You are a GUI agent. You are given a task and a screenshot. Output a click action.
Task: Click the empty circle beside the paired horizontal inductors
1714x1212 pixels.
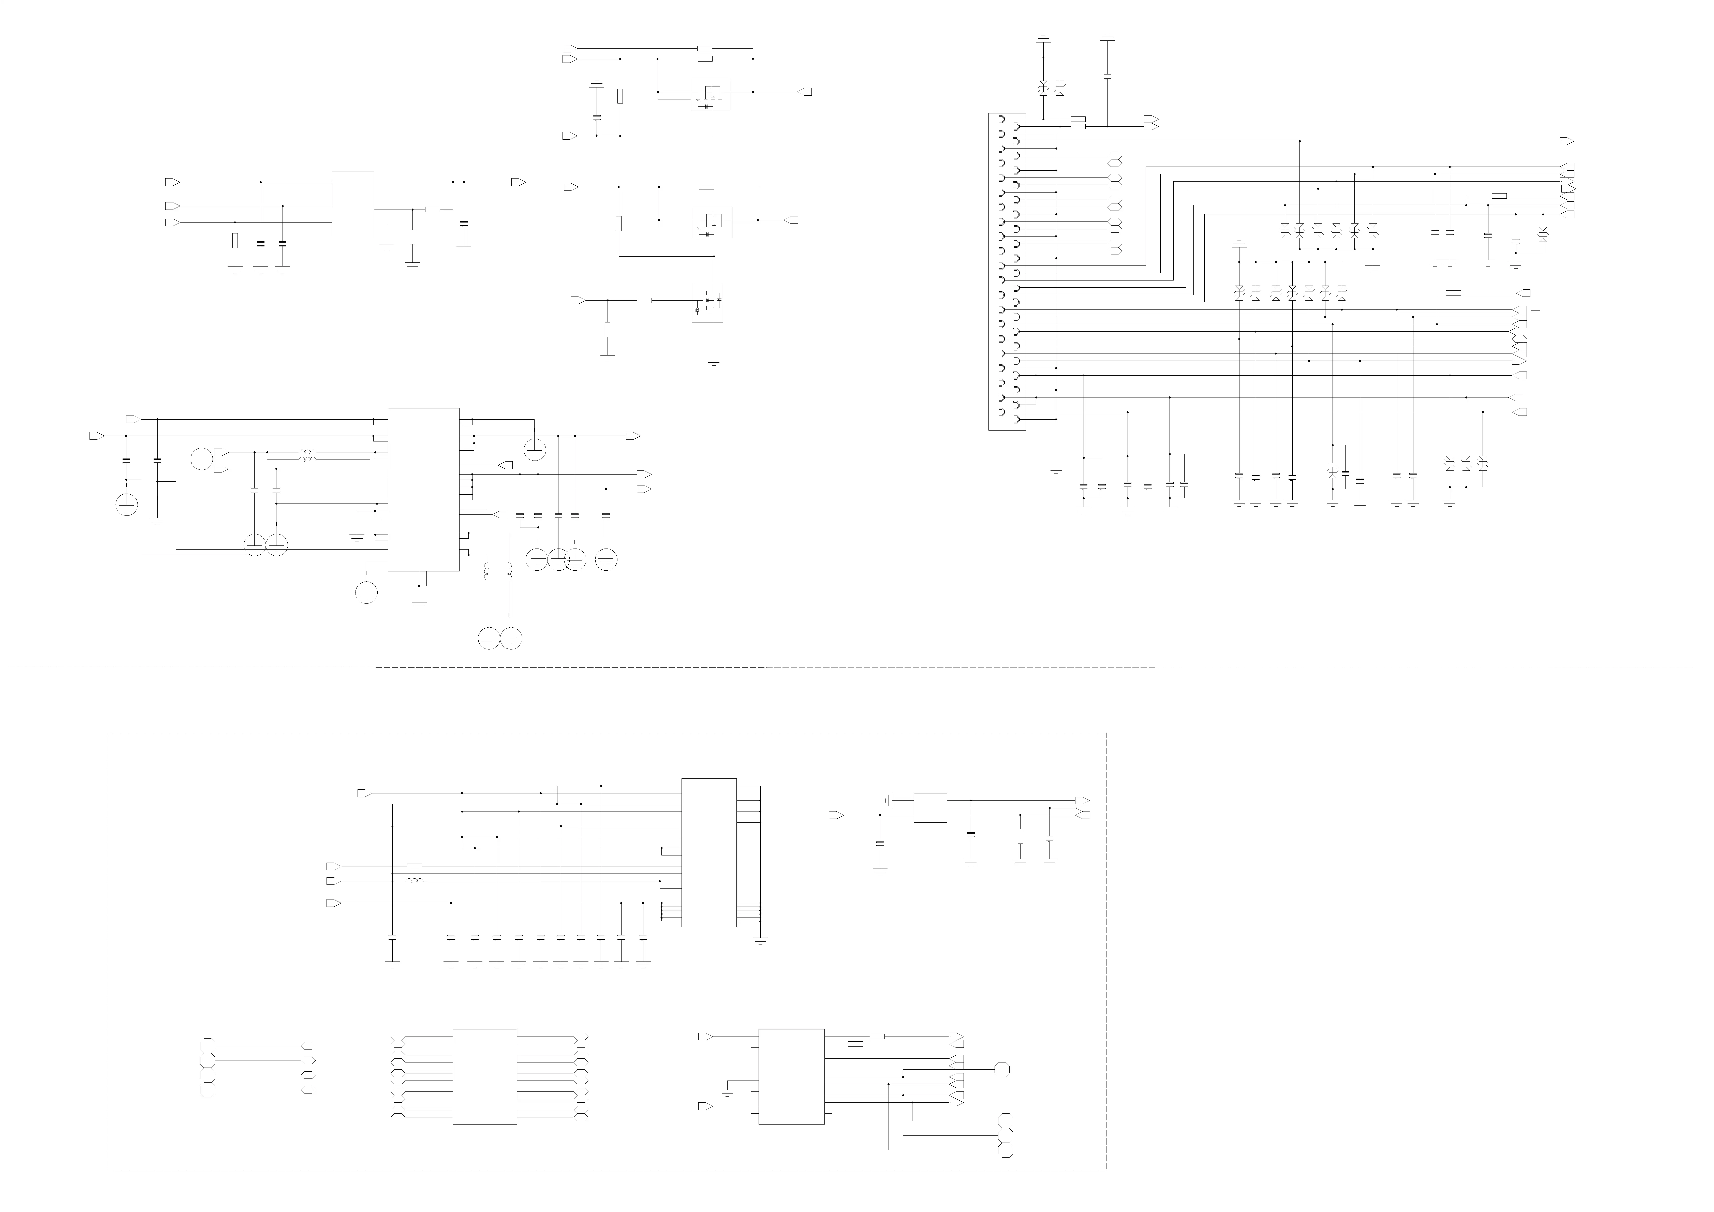coord(202,459)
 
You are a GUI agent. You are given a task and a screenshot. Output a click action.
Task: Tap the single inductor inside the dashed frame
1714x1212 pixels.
coord(414,881)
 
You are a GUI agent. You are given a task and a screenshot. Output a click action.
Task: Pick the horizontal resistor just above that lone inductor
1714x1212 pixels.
coord(414,866)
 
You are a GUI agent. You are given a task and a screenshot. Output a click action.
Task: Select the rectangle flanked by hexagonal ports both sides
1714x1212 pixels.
coord(484,1077)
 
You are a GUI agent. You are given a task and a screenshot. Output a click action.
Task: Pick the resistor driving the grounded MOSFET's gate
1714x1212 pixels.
coord(644,300)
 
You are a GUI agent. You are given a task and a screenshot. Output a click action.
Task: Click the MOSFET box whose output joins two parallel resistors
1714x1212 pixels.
coord(711,95)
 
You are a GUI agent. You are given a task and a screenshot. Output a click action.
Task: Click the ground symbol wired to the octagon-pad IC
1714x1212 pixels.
coord(727,1092)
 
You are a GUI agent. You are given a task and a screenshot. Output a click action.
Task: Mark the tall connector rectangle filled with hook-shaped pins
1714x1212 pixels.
coord(1007,272)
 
